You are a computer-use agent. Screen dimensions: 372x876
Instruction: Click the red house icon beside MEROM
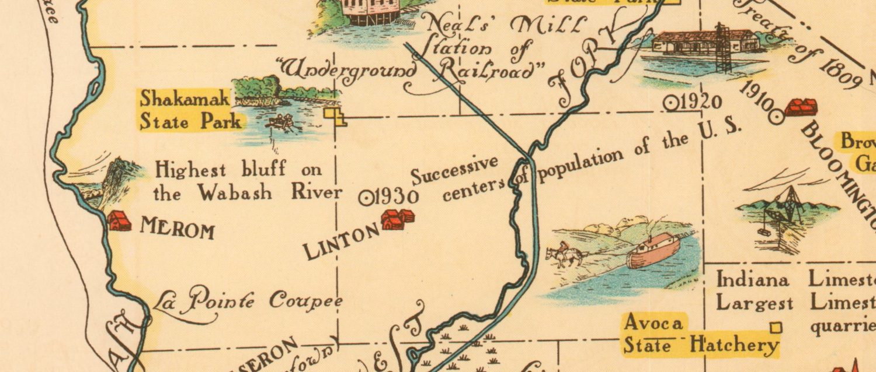pos(119,221)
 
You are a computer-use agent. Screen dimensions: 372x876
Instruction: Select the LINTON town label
pos(342,242)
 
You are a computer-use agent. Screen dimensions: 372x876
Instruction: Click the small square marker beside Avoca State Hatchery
pos(776,328)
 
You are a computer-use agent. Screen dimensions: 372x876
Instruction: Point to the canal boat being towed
pos(654,249)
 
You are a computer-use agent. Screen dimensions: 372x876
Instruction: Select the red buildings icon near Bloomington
pos(801,107)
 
